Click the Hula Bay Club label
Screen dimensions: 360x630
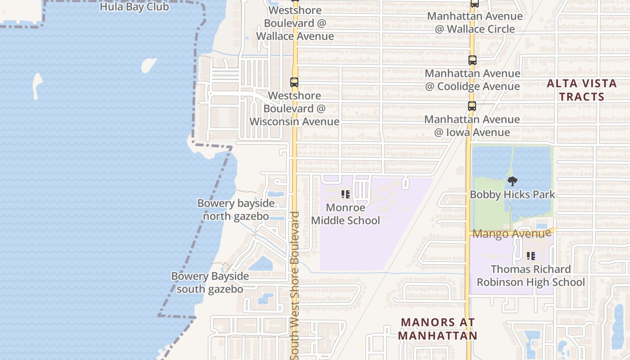point(134,7)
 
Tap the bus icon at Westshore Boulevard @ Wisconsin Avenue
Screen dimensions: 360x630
point(294,82)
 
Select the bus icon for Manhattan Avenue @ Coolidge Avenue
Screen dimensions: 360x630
point(472,60)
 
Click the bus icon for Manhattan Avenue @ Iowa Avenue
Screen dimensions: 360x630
point(472,107)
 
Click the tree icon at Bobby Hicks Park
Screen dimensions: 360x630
point(512,182)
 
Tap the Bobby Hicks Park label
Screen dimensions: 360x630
point(512,195)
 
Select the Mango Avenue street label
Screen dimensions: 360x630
point(512,234)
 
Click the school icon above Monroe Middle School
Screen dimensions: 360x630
point(346,194)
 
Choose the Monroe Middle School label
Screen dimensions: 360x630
point(346,214)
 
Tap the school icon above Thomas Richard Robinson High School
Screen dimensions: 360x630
point(531,256)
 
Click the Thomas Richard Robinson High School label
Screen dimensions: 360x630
point(531,276)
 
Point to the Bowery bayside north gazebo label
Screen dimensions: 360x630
point(236,210)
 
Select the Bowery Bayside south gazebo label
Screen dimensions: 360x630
point(210,283)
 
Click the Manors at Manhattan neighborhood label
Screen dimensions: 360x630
point(437,329)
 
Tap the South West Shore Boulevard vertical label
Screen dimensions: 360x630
point(295,285)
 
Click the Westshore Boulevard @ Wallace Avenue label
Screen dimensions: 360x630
point(295,23)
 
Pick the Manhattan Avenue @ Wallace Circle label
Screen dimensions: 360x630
point(475,22)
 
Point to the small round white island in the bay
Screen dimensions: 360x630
point(149,65)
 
